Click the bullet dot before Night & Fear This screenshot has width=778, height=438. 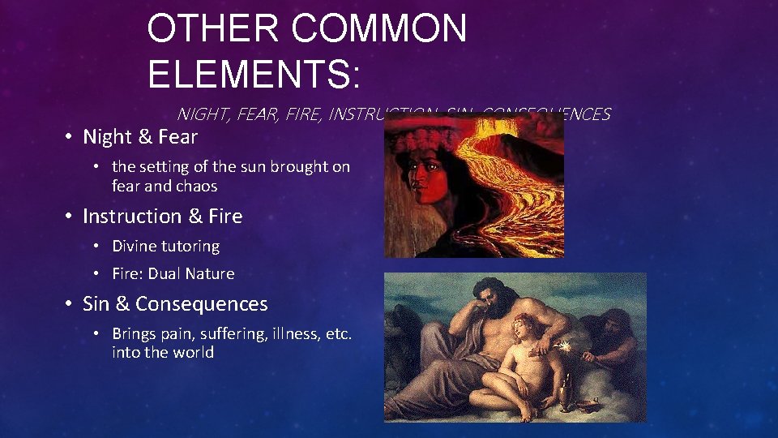tap(71, 137)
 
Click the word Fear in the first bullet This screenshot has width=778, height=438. tap(177, 137)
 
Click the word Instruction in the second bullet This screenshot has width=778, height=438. tap(133, 217)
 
